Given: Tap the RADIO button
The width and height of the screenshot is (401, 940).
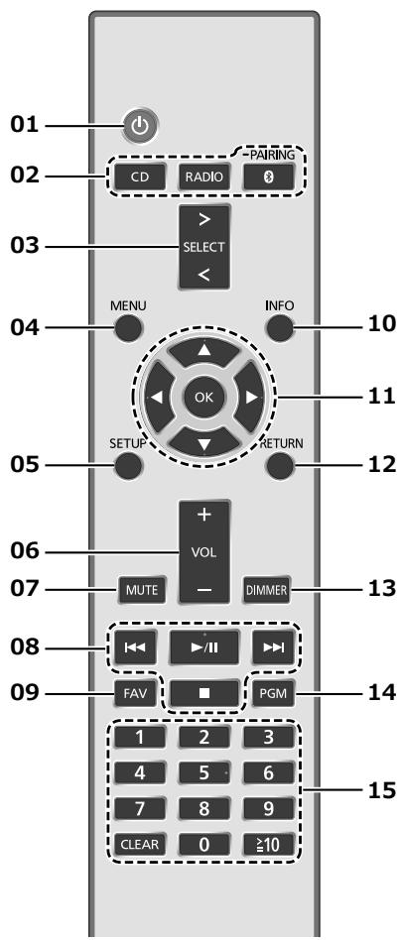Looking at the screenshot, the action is coord(204,176).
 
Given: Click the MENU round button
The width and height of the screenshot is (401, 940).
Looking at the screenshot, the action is coord(128,328).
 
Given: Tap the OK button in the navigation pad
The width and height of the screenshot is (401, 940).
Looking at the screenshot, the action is coord(204,396).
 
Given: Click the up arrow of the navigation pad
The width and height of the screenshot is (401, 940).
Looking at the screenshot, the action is coord(204,354).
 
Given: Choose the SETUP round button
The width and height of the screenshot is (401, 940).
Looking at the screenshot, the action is coord(128,465).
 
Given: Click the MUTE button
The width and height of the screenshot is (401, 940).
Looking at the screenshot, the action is coord(142,590).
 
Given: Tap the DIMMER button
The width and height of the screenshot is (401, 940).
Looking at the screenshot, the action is coord(267,590).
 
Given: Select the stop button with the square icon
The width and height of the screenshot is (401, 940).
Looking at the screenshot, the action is coord(204,695).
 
